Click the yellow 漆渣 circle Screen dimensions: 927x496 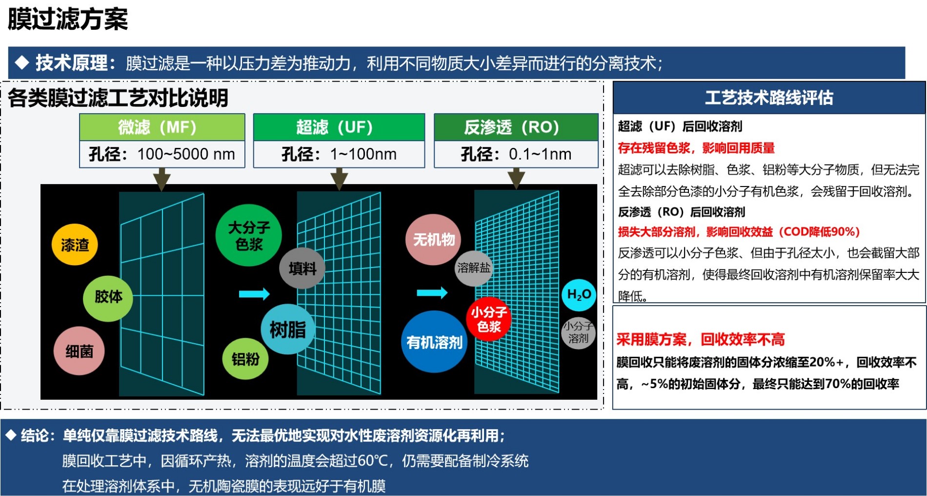pyautogui.click(x=75, y=245)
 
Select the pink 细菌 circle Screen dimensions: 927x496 pyautogui.click(x=79, y=351)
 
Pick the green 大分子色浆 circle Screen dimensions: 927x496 pyautogui.click(x=249, y=235)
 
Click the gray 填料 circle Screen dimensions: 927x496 pyautogui.click(x=302, y=268)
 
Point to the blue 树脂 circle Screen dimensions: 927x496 pyautogui.click(x=287, y=329)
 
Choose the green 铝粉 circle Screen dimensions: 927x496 pyautogui.click(x=245, y=359)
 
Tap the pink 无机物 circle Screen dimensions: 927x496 pyautogui.click(x=434, y=239)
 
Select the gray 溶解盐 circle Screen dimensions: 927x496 pyautogui.click(x=473, y=268)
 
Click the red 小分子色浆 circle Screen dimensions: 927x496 pyautogui.click(x=488, y=319)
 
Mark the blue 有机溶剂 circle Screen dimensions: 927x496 pyautogui.click(x=434, y=342)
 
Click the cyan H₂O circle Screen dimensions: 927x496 pyautogui.click(x=579, y=295)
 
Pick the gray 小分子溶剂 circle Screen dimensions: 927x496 pyautogui.click(x=578, y=332)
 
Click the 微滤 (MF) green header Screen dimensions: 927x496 pyautogui.click(x=162, y=127)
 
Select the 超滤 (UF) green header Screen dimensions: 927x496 pyautogui.click(x=339, y=127)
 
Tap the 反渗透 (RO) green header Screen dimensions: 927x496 pyautogui.click(x=516, y=127)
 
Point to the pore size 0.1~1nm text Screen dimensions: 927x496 pyautogui.click(x=540, y=154)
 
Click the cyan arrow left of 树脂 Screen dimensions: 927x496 pyautogui.click(x=254, y=294)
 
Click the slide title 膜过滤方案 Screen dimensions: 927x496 pyautogui.click(x=68, y=20)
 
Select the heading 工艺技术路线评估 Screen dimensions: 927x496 pyautogui.click(x=769, y=98)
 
